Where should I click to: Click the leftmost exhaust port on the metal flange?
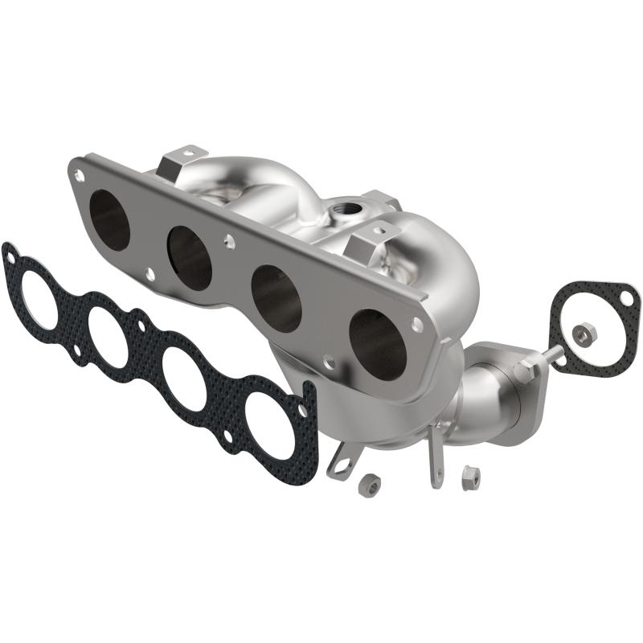point(109,219)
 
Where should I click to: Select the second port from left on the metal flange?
point(190,256)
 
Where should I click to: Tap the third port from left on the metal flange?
point(276,297)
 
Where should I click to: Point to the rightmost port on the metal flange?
point(378,343)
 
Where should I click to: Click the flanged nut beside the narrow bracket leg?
point(470,477)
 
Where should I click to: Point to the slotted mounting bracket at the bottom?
point(342,461)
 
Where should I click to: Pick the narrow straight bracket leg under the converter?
point(435,458)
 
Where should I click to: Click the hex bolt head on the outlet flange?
point(523,371)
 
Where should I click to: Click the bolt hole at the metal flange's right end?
point(417,324)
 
